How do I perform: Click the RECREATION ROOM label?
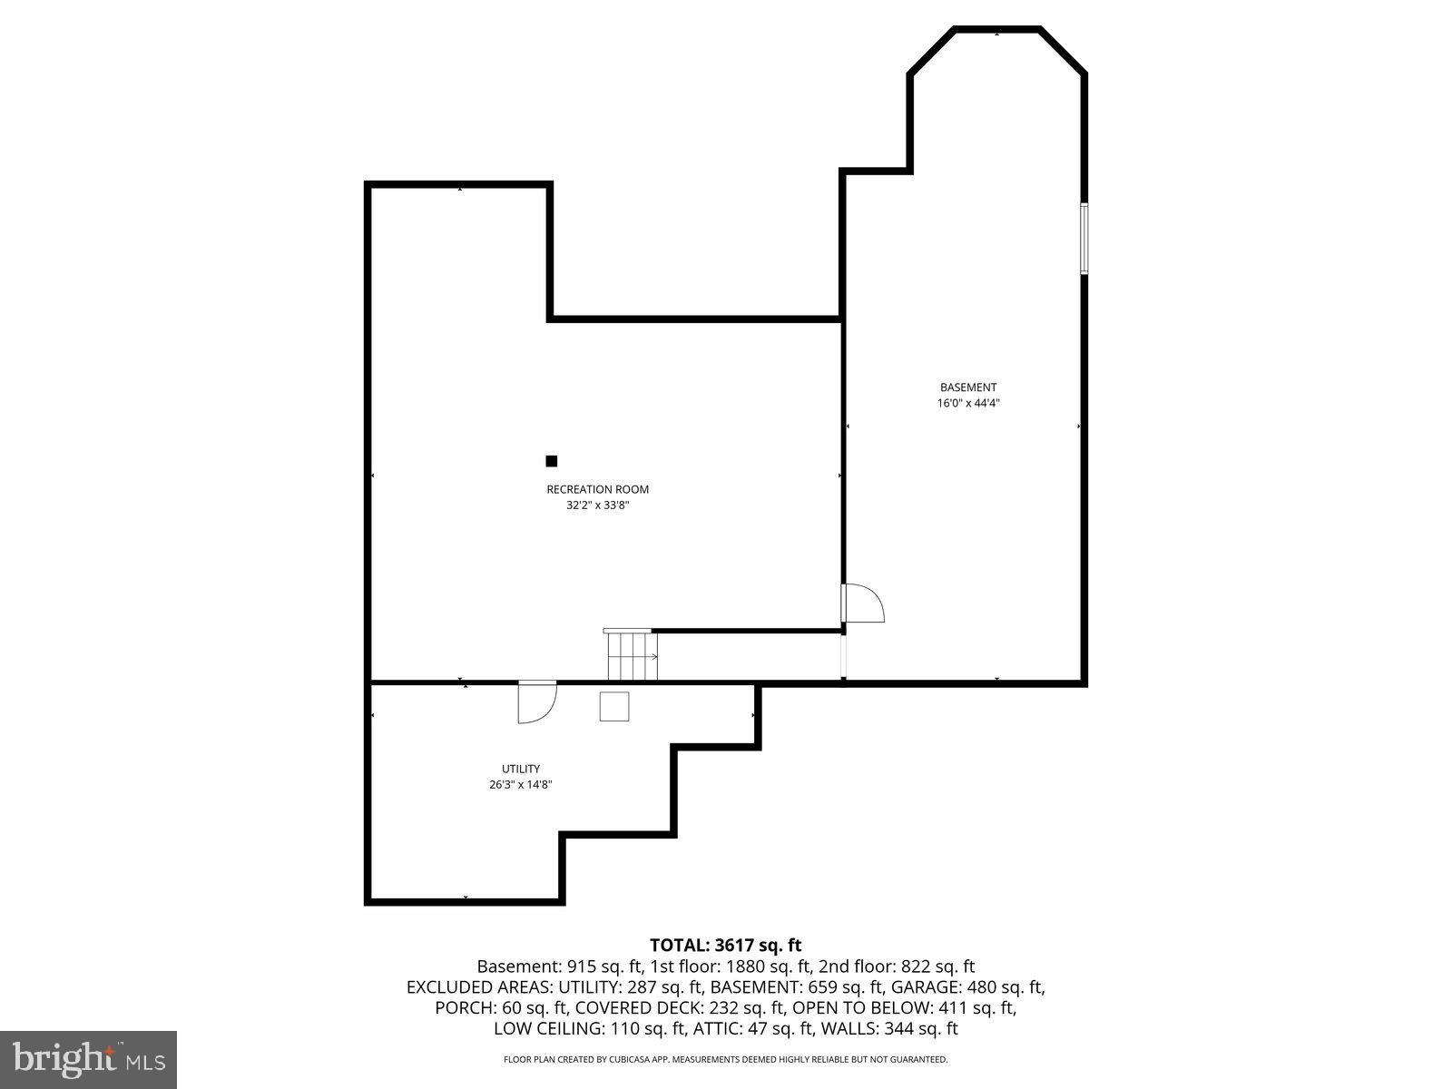[x=597, y=489]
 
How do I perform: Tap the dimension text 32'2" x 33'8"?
[x=597, y=505]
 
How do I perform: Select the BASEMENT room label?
[x=968, y=388]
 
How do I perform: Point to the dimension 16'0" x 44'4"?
[x=968, y=403]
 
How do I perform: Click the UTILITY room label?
[x=521, y=769]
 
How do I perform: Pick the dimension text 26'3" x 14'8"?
[x=521, y=785]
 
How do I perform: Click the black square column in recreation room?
[x=551, y=461]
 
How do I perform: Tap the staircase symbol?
[x=632, y=654]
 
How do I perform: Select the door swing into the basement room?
[x=862, y=603]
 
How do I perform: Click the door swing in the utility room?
[x=535, y=701]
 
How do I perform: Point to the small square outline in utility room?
[x=614, y=706]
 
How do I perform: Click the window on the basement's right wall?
[x=1084, y=238]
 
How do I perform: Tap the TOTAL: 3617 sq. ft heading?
[x=725, y=946]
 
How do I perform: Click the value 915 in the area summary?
[x=582, y=966]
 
